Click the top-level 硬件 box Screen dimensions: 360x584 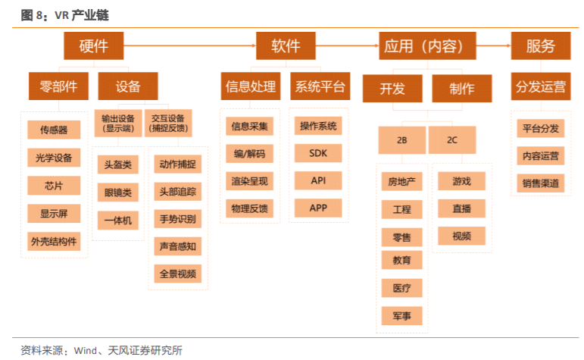(x=94, y=46)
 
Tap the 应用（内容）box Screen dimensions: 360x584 (x=429, y=46)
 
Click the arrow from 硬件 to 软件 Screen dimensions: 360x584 (x=189, y=46)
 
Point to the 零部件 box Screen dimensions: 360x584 (x=58, y=86)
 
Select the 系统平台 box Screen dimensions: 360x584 (x=318, y=86)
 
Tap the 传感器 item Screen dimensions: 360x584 (x=54, y=130)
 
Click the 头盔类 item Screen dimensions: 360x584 (x=117, y=164)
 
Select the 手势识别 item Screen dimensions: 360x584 (x=177, y=220)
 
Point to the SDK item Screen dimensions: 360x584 (x=318, y=153)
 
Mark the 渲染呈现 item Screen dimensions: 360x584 (x=249, y=180)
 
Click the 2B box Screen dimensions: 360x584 (x=401, y=141)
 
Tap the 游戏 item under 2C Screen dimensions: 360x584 (x=461, y=181)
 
